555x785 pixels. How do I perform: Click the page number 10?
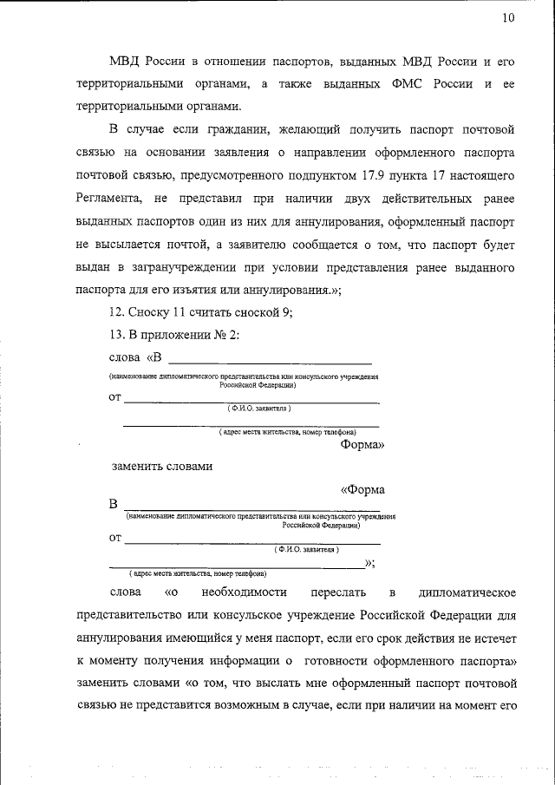[508, 18]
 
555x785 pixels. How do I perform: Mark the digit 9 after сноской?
[285, 313]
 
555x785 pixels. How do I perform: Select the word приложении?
[180, 336]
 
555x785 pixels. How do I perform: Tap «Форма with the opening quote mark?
[362, 490]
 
